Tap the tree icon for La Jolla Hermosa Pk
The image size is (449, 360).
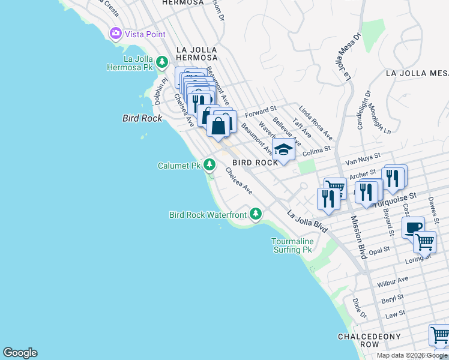161,62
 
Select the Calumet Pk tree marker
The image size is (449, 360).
209,164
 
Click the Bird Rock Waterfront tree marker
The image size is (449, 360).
256,214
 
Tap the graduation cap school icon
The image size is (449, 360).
283,150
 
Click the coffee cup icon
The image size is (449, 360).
414,228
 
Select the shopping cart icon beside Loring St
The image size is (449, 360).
425,242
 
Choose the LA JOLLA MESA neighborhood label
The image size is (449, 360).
417,73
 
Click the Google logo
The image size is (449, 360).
20,353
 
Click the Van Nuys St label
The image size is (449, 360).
364,158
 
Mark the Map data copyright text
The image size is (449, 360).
412,355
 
